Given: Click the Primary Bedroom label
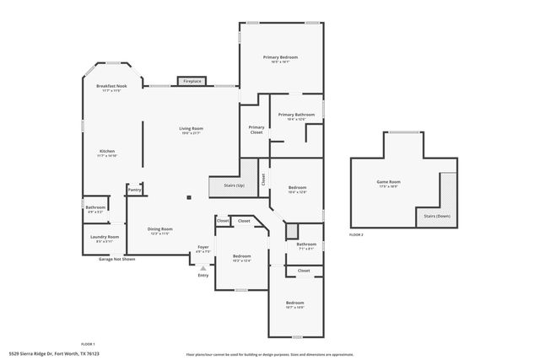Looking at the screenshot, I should click(x=280, y=57).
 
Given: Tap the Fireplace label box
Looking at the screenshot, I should click(x=192, y=81).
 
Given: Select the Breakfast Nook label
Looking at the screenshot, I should click(x=111, y=86).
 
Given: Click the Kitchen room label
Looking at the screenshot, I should click(x=107, y=151).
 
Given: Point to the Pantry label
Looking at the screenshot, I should click(x=134, y=190).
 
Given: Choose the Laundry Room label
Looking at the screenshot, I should click(x=105, y=238).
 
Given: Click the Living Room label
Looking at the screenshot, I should click(x=191, y=128).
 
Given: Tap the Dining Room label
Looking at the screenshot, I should click(x=160, y=229).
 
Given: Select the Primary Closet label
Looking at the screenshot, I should click(x=256, y=129).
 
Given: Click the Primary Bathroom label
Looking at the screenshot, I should click(x=296, y=115).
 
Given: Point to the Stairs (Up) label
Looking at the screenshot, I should click(x=235, y=185).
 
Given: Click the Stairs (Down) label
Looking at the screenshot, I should click(x=435, y=216).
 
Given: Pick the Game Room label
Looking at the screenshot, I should click(x=388, y=182).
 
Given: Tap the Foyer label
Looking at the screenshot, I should click(x=202, y=248).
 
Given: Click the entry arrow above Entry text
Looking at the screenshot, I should click(x=202, y=268).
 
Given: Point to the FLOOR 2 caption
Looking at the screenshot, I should click(x=356, y=234).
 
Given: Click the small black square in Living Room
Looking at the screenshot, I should click(x=189, y=198).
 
